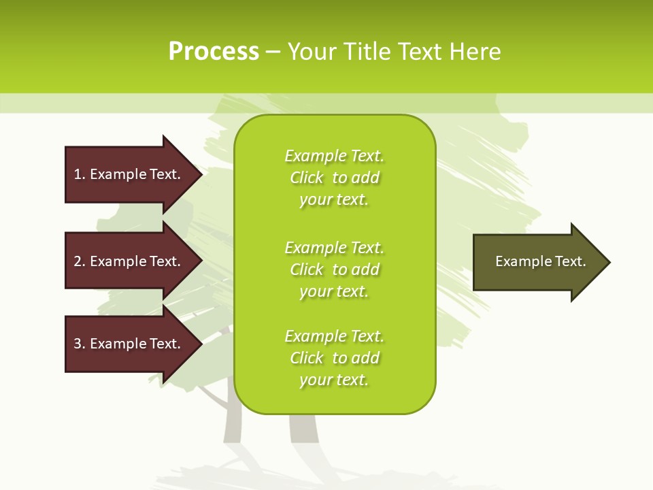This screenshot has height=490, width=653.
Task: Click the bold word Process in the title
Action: (x=214, y=52)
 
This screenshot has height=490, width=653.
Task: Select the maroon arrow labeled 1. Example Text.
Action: (x=129, y=174)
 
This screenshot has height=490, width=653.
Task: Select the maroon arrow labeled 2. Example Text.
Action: (x=129, y=261)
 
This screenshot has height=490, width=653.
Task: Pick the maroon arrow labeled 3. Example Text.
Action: (x=129, y=344)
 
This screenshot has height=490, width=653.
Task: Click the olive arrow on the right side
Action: (x=537, y=262)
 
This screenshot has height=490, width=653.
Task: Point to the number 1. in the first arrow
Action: (x=80, y=174)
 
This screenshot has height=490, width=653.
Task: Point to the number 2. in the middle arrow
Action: (x=80, y=261)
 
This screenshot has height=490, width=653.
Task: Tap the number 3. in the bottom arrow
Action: (x=80, y=344)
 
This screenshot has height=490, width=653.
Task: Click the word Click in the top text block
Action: (x=307, y=178)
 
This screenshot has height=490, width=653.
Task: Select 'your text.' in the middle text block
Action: (x=334, y=291)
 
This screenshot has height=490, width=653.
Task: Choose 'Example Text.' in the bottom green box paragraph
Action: (x=334, y=336)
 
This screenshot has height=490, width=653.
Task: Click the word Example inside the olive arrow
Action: (x=520, y=261)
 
